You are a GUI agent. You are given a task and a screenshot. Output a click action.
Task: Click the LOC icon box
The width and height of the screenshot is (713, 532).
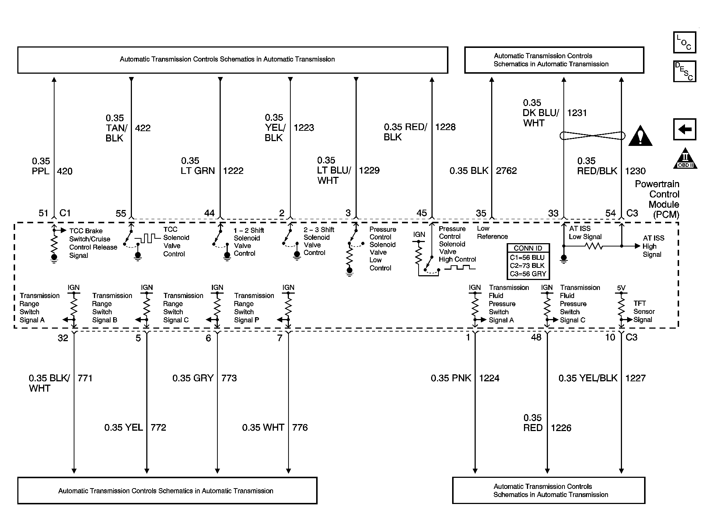pyautogui.click(x=684, y=42)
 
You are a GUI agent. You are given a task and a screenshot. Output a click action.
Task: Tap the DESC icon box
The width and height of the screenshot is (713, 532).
pyautogui.click(x=684, y=71)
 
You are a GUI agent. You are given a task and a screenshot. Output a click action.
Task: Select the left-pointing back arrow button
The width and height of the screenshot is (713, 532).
pyautogui.click(x=684, y=129)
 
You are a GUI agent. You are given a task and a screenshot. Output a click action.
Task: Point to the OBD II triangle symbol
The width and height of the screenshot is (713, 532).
pyautogui.click(x=685, y=159)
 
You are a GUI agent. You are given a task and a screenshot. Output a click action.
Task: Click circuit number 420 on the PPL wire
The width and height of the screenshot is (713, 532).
pyautogui.click(x=65, y=171)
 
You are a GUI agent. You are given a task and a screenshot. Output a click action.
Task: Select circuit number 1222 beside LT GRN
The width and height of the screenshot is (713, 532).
pyautogui.click(x=233, y=171)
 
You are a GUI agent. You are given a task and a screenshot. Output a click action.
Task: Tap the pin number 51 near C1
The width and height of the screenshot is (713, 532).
pyautogui.click(x=43, y=213)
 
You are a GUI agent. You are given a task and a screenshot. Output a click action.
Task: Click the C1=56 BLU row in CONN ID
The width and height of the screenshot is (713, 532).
pyautogui.click(x=527, y=258)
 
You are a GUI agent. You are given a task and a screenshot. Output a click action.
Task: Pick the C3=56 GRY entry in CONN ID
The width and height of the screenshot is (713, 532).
pyautogui.click(x=528, y=274)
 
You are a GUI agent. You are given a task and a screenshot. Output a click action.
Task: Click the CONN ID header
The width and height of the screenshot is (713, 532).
pyautogui.click(x=528, y=248)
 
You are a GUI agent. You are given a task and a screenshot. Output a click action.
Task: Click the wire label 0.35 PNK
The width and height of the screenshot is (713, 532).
pyautogui.click(x=451, y=378)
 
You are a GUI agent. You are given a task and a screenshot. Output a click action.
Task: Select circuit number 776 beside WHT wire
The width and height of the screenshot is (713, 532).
pyautogui.click(x=300, y=427)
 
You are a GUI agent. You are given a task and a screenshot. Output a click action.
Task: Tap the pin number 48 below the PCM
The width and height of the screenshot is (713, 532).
pyautogui.click(x=536, y=337)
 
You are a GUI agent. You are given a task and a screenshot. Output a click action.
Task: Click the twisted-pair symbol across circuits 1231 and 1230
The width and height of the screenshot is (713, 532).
pyautogui.click(x=593, y=136)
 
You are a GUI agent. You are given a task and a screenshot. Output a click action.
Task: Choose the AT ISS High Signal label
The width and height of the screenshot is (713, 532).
pyautogui.click(x=653, y=246)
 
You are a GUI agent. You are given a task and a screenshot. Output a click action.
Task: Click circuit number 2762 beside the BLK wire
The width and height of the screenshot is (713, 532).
pyautogui.click(x=506, y=171)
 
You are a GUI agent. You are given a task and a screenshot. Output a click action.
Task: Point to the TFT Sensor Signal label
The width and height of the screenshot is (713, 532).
pyautogui.click(x=644, y=312)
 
